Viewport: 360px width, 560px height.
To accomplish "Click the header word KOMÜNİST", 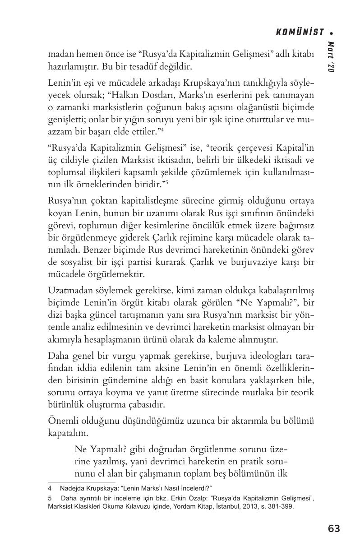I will click(300, 32).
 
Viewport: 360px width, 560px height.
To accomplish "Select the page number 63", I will click(334, 528).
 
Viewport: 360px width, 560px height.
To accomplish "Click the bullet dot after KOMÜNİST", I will click(332, 32).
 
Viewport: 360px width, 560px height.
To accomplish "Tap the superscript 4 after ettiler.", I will click(162, 130).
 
